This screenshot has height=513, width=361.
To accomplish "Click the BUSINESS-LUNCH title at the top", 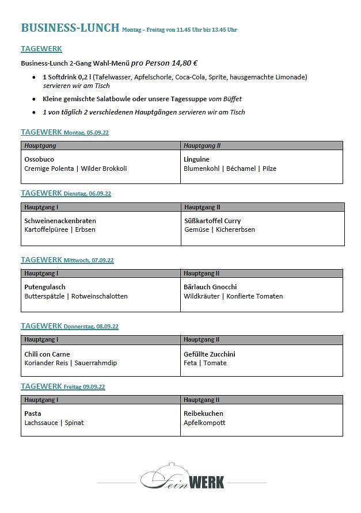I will (70, 28).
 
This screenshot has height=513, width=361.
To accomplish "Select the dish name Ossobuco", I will (39, 159).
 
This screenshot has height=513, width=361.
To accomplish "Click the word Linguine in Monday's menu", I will (196, 159).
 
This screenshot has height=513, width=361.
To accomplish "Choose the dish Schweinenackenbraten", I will (60, 221).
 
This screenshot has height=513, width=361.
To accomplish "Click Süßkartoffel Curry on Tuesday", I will (212, 221).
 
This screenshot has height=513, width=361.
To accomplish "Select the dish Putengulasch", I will (45, 287).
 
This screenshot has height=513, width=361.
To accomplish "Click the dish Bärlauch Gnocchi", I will (210, 287).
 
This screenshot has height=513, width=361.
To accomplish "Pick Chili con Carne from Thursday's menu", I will (47, 354).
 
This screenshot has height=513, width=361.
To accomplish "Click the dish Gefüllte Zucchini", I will (210, 354).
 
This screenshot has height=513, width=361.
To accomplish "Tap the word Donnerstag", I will (79, 327).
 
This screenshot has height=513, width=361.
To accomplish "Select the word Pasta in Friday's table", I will (33, 414).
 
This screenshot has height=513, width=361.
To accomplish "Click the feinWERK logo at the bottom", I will (183, 477).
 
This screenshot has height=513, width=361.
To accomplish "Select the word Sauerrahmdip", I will (96, 363).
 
